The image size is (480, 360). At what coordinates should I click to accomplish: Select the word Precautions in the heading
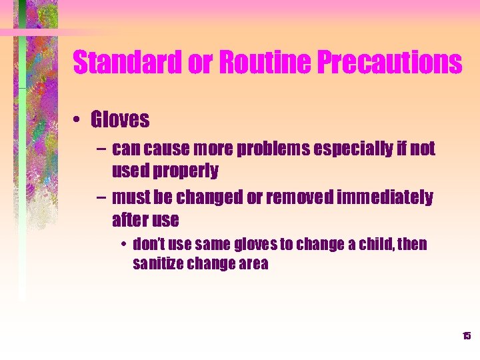[x=389, y=63]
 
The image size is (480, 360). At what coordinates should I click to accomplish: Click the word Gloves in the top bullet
[x=120, y=120]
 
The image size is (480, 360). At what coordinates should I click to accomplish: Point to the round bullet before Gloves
[x=78, y=121]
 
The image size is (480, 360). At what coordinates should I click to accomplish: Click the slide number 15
[x=467, y=335]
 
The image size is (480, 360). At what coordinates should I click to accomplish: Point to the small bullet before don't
[x=125, y=245]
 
